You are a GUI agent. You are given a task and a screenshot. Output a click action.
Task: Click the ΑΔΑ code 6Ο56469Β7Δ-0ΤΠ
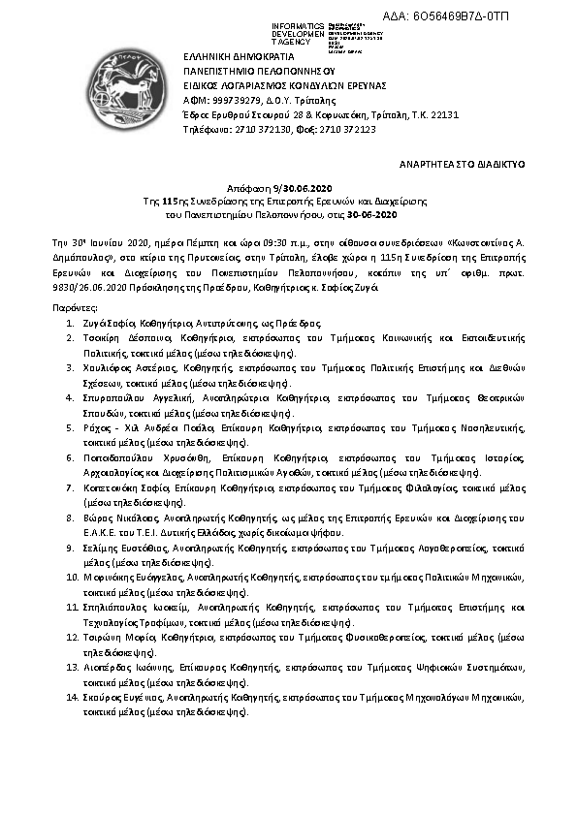click(x=507, y=17)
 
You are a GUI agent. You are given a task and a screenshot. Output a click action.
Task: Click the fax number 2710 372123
click(x=349, y=129)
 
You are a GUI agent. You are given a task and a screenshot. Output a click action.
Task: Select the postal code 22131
click(x=439, y=114)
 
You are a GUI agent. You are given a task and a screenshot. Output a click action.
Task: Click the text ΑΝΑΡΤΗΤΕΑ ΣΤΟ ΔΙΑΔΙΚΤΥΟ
click(x=464, y=166)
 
